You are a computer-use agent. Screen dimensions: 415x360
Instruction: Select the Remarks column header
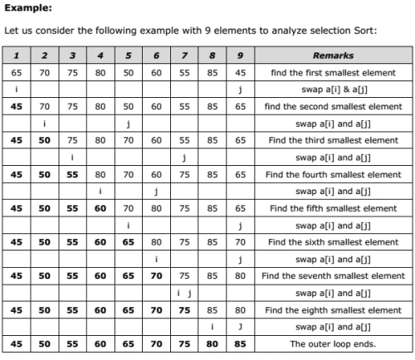[x=333, y=56]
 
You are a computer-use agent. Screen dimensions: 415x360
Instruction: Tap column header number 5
[x=128, y=56]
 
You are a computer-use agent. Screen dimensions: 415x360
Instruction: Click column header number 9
[x=239, y=56]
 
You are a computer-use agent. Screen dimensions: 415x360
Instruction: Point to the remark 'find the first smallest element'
[x=333, y=72]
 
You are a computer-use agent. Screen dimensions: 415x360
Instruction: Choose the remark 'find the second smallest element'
[x=333, y=106]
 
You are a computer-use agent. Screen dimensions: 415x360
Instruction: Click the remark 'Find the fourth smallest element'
[x=333, y=174]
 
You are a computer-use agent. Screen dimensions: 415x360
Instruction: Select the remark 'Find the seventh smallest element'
[x=333, y=275]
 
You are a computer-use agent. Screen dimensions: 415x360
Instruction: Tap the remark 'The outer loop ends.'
[x=333, y=343]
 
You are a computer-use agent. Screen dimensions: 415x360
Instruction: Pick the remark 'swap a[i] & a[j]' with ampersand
[x=333, y=89]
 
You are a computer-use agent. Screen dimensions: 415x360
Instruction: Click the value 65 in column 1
[x=17, y=72]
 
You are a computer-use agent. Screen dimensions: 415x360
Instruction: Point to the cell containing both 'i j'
[x=184, y=292]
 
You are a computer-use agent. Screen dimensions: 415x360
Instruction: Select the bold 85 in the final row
[x=239, y=343]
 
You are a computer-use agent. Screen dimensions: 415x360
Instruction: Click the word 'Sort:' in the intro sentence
[x=364, y=32]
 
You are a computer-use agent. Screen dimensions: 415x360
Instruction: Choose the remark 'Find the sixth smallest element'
[x=333, y=241]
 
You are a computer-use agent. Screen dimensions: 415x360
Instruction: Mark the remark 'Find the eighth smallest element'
[x=333, y=309]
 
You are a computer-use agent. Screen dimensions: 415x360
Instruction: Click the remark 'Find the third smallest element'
[x=333, y=140]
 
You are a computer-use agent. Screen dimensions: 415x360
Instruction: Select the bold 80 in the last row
[x=212, y=343]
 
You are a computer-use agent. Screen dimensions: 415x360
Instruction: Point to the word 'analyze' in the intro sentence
[x=281, y=32]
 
